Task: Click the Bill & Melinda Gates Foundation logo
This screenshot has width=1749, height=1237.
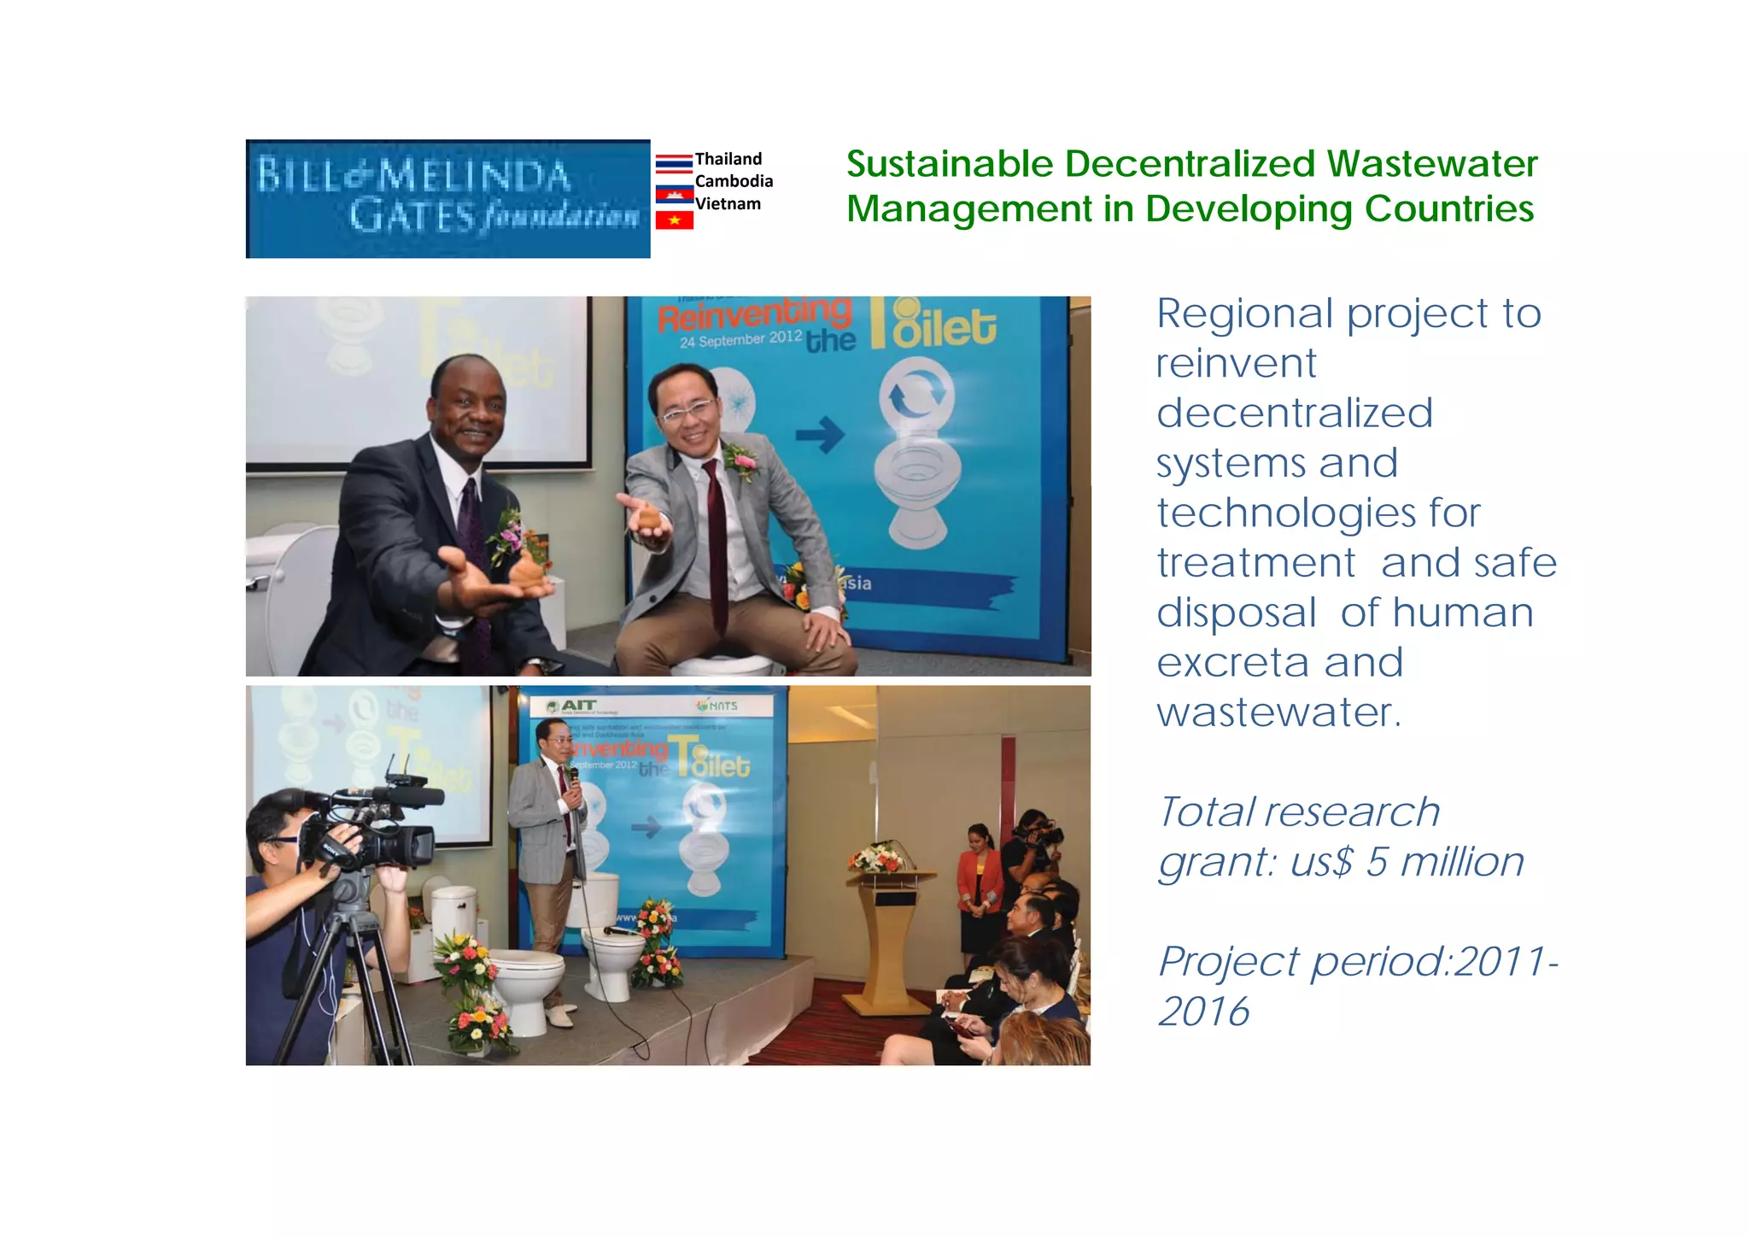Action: pyautogui.click(x=447, y=198)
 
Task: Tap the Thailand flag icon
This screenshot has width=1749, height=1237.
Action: pyautogui.click(x=674, y=163)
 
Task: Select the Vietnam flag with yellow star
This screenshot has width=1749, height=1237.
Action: pyautogui.click(x=674, y=220)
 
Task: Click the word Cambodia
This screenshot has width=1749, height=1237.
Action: pyautogui.click(x=734, y=181)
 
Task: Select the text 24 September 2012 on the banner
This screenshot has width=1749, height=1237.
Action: pyautogui.click(x=740, y=339)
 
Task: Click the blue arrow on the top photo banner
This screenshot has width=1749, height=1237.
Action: pyautogui.click(x=820, y=435)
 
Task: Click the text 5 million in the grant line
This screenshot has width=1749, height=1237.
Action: pyautogui.click(x=1444, y=862)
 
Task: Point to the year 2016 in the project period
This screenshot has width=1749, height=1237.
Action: pyautogui.click(x=1203, y=1012)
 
